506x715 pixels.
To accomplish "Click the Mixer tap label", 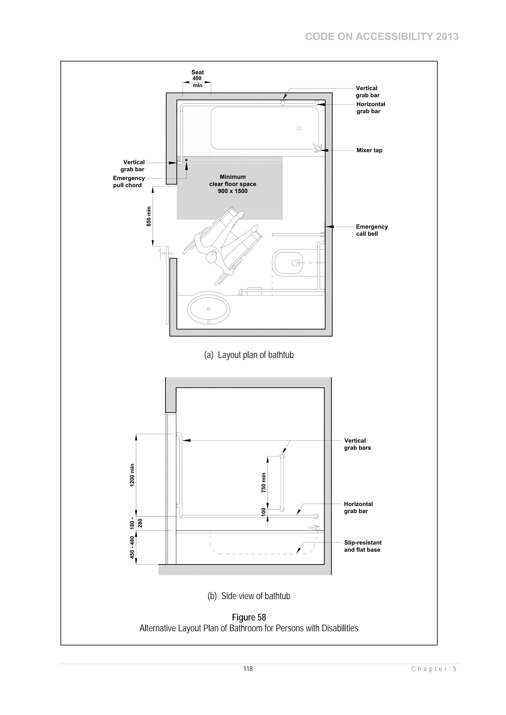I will click(369, 150).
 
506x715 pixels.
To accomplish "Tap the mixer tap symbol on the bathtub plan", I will click(317, 148).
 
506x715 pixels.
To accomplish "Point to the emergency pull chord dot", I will click(187, 160).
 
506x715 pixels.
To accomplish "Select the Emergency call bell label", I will click(372, 230).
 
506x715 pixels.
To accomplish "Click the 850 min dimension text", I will click(149, 216).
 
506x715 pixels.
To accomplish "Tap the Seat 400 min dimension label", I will click(197, 78).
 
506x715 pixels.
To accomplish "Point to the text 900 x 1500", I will click(232, 191).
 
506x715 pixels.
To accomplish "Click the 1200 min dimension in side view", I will click(132, 475).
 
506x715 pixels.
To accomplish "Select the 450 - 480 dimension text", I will click(132, 547).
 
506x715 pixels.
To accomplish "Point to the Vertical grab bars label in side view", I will click(357, 444).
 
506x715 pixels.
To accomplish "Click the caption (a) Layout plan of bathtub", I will click(249, 355).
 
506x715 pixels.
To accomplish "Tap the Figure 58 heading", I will click(249, 617).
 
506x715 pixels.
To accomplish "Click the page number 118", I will click(248, 669).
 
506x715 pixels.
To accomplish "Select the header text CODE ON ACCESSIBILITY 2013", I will click(382, 37).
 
